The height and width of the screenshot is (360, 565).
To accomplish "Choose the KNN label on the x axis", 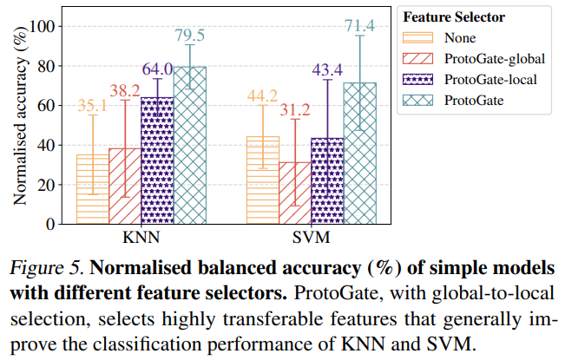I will (x=141, y=237).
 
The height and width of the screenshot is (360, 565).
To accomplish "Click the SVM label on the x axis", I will (x=311, y=237).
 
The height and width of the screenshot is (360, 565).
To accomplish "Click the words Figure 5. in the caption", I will (x=42, y=264).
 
